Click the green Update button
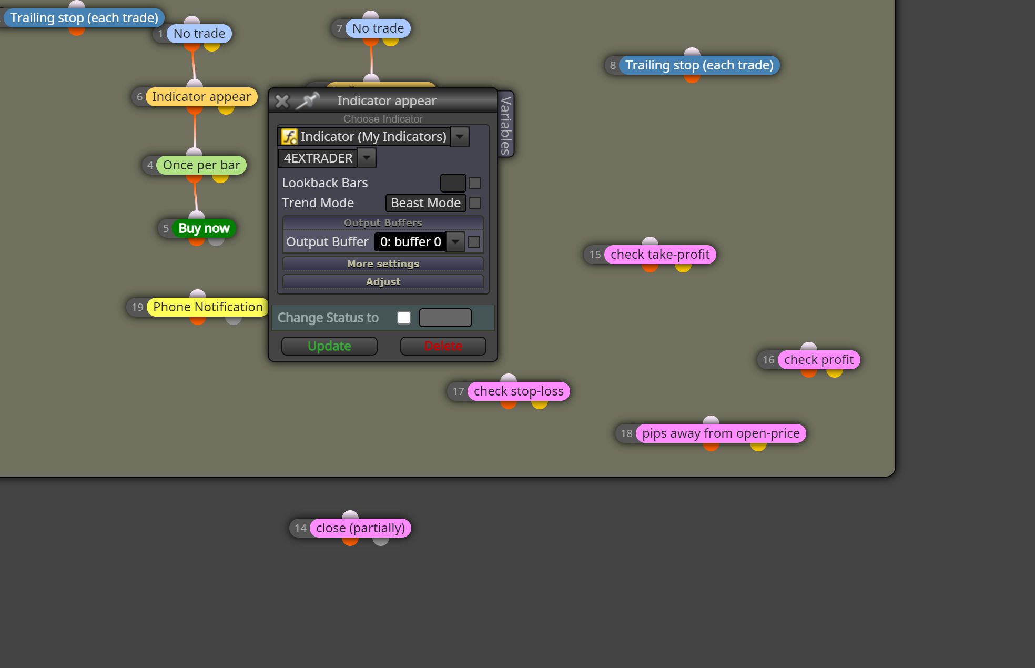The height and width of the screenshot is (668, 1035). coord(329,346)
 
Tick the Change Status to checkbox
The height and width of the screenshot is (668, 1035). coord(404,318)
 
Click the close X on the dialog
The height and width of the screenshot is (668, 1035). coord(282,101)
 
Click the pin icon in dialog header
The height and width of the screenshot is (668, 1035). coord(307,100)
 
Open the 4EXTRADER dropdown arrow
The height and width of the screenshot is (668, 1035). coord(367,158)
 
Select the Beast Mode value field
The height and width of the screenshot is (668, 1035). coord(425,203)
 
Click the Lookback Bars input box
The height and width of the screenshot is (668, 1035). coord(453,183)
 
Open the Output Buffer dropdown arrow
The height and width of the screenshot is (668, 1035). coord(455,242)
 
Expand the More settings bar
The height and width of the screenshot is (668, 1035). coord(383,264)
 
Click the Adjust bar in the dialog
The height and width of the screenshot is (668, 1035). coord(383,281)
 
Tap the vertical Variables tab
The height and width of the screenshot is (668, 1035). coord(505,125)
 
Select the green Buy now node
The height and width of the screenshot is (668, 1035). coord(204,228)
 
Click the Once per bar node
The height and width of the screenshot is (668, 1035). coord(201,165)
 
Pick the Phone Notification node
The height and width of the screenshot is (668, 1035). coord(208,307)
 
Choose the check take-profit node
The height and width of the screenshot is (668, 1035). coord(660,255)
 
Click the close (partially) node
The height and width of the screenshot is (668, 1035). coord(360,528)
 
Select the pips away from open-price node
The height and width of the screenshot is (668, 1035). coord(721,433)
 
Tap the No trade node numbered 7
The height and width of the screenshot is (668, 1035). coord(378,28)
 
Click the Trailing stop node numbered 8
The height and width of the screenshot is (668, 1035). coord(699,65)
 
